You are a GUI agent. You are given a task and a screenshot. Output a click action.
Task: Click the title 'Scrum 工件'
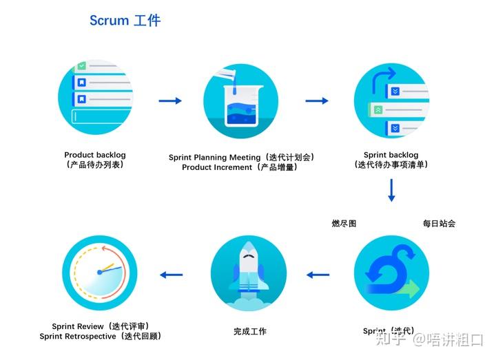click(x=125, y=21)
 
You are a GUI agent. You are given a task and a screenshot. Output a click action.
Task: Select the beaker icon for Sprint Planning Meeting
click(x=240, y=101)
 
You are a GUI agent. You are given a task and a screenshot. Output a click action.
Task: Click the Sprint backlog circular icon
click(x=391, y=101)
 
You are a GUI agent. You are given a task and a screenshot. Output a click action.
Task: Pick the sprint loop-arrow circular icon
click(x=391, y=273)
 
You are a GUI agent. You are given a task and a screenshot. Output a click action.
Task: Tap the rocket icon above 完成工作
click(x=248, y=273)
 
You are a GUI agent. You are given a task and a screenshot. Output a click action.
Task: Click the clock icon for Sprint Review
click(x=100, y=273)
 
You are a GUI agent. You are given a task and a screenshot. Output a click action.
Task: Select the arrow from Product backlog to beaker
click(x=170, y=101)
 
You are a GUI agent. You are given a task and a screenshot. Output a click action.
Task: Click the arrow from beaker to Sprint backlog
click(x=317, y=101)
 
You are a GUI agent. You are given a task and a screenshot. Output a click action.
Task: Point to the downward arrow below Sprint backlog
click(x=391, y=190)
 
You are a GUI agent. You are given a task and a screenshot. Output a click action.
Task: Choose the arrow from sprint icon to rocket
click(x=318, y=275)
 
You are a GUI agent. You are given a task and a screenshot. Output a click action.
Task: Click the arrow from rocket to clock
click(x=171, y=275)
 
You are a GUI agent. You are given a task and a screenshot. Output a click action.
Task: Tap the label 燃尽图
click(x=344, y=224)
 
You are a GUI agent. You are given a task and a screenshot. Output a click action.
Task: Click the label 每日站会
click(x=439, y=224)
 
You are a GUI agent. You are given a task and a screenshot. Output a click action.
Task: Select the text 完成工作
click(x=249, y=332)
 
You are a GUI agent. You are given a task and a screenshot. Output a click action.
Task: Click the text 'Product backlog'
click(x=95, y=155)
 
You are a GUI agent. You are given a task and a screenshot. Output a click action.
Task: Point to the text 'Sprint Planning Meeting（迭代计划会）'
click(x=241, y=158)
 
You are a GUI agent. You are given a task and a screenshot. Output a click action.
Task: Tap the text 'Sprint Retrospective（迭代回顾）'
click(x=101, y=337)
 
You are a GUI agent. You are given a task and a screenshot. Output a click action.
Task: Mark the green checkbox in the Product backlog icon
click(x=81, y=66)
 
